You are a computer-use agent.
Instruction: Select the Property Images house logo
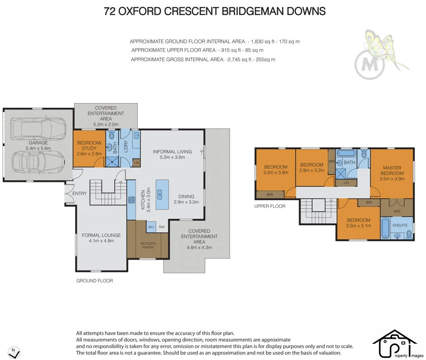coord(395,343)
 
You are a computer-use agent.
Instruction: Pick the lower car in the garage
coord(38,163)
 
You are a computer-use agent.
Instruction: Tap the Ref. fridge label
coord(162,227)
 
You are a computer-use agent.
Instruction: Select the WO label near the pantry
coord(151,227)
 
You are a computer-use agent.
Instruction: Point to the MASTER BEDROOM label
coord(392,170)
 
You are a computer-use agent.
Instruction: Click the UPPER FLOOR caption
coord(270,207)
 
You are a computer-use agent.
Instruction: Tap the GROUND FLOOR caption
coord(94,281)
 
